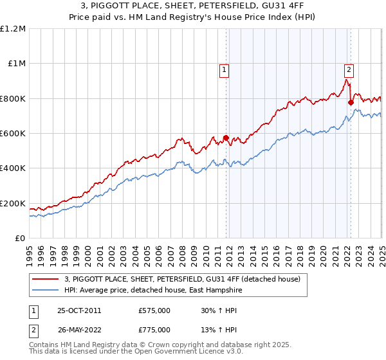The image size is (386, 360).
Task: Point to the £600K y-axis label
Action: [13, 134]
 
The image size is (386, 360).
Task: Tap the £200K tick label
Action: [13, 203]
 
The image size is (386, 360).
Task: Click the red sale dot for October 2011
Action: [226, 138]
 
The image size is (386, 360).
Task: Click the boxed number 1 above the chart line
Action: [225, 71]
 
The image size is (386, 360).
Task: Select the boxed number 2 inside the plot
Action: [349, 71]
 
